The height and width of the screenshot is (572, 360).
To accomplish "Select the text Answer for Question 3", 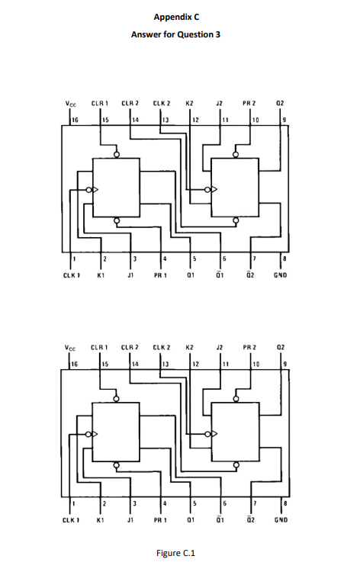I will (179, 34).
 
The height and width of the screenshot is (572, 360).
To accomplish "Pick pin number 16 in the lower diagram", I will (75, 365).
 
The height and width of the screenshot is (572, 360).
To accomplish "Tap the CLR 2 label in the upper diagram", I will (131, 102).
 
